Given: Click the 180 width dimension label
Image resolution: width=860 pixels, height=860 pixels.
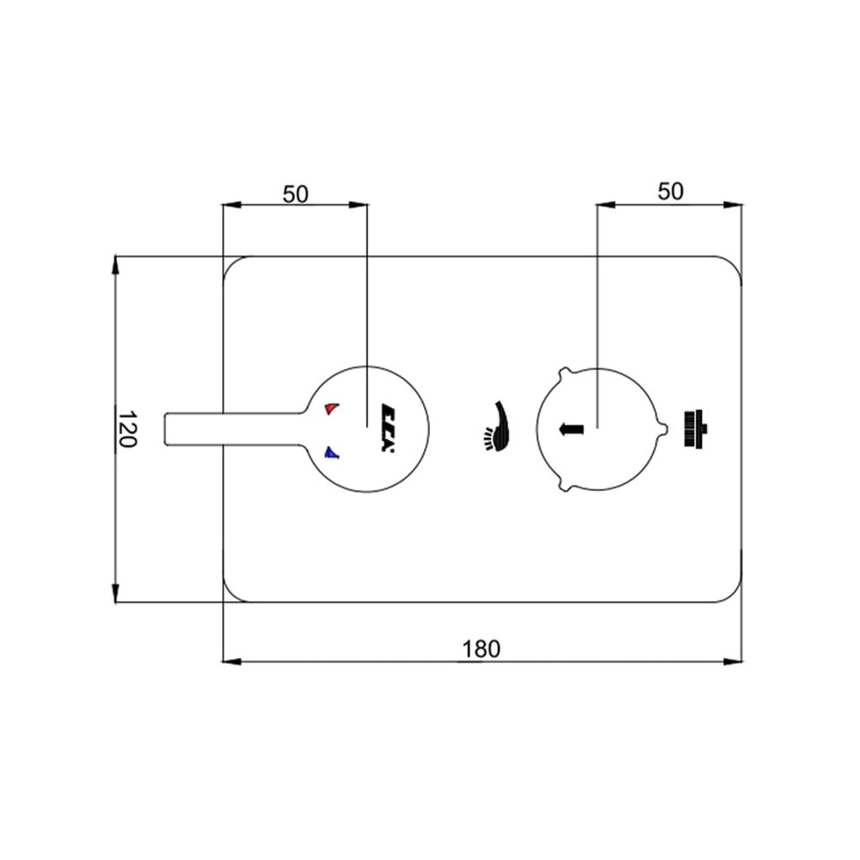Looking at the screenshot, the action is coord(481,648).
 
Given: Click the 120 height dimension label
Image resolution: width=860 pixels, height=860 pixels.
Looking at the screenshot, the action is coord(127,428).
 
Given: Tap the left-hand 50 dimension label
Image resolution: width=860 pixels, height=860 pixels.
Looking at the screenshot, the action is coord(296,194).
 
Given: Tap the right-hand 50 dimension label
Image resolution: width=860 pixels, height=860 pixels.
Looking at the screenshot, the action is coord(671,192).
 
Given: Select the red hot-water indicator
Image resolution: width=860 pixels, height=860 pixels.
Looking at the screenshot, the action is coord(331,408).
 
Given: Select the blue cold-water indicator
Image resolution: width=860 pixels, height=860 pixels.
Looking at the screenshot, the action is coord(331,452).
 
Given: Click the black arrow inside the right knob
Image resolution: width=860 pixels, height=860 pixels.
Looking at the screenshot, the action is coord(571,429).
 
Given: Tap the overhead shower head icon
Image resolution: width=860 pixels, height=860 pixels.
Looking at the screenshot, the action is coord(696,428).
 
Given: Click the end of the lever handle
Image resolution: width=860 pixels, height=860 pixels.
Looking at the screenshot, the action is coord(167,428).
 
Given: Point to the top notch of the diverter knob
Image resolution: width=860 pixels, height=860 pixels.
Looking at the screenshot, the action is coord(564,372).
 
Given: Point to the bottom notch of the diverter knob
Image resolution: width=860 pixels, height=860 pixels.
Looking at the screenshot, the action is coord(565,485).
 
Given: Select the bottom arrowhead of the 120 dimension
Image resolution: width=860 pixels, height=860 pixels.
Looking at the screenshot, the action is coord(115,593).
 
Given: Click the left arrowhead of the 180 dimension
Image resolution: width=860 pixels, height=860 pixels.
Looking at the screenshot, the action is coord(231,662).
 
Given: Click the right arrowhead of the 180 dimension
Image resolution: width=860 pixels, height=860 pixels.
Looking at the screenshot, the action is coord(734,662).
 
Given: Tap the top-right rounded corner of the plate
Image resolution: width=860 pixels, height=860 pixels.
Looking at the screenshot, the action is coord(734,264).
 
